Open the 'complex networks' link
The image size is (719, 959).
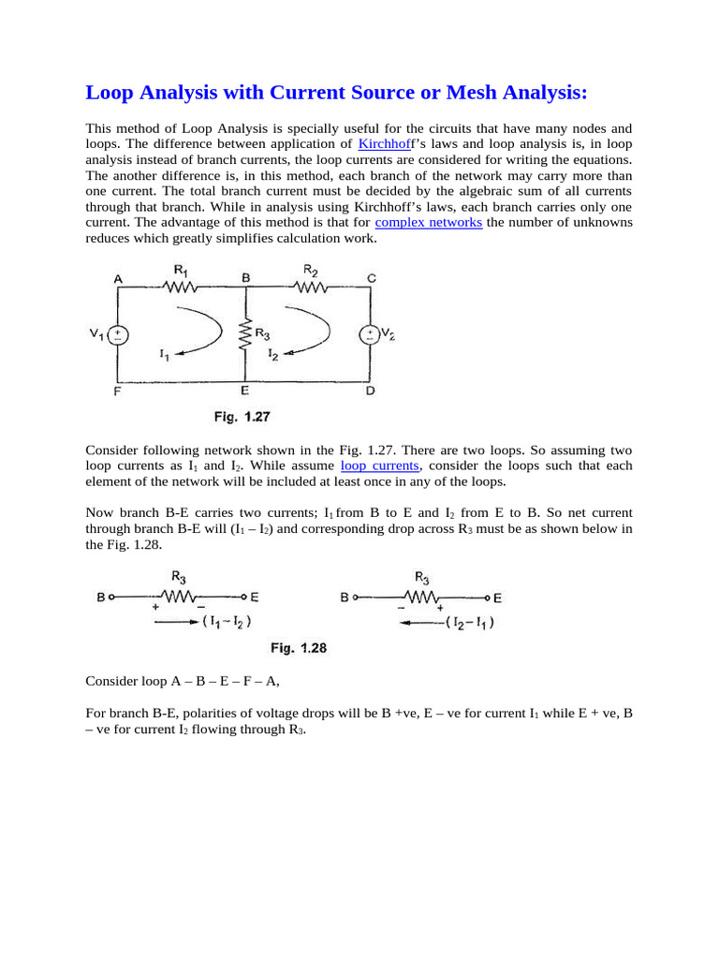click(x=429, y=222)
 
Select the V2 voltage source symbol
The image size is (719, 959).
click(x=371, y=335)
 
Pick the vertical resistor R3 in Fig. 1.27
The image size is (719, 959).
click(x=245, y=335)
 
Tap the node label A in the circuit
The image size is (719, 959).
click(x=118, y=277)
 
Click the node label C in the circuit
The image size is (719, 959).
click(x=372, y=277)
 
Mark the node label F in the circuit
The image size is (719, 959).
click(x=118, y=392)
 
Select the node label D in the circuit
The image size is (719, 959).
click(x=371, y=392)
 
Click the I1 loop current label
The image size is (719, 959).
click(x=165, y=356)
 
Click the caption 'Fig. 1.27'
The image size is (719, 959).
click(x=244, y=417)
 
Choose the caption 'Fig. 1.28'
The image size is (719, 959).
click(x=299, y=647)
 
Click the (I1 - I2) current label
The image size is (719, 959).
click(x=226, y=620)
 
